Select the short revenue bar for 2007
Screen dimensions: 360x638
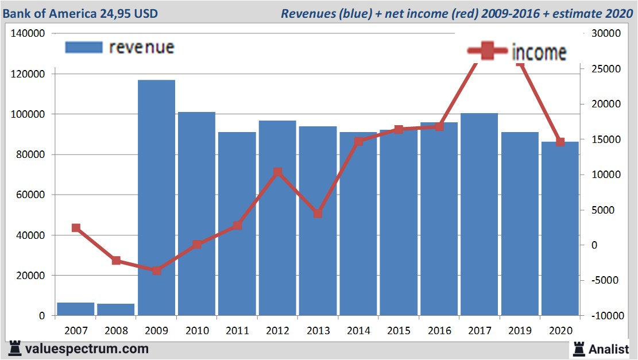pos(76,309)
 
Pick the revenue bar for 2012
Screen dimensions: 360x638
pos(277,218)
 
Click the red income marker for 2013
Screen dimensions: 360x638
pos(318,214)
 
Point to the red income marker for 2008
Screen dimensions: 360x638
pos(116,261)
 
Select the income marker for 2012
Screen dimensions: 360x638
pos(277,172)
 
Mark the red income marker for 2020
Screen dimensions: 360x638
pos(560,142)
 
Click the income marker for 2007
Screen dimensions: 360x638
pos(76,228)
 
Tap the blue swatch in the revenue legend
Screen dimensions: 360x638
pos(84,47)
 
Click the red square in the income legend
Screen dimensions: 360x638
pos(488,51)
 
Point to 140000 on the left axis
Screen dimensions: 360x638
pos(28,34)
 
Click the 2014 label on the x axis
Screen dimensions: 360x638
pos(358,331)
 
